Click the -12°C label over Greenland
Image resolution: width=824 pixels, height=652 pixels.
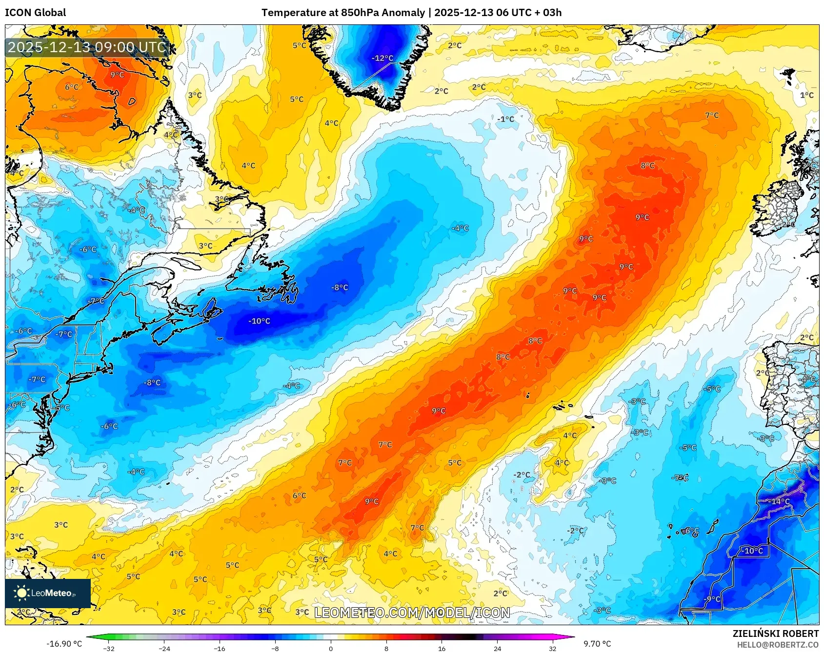pyautogui.click(x=382, y=58)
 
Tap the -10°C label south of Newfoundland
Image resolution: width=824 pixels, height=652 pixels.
pyautogui.click(x=259, y=321)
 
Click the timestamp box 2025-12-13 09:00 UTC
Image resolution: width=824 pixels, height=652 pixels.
pyautogui.click(x=87, y=47)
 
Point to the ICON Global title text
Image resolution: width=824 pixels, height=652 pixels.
pyautogui.click(x=36, y=13)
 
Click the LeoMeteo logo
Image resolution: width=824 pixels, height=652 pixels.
pyautogui.click(x=47, y=593)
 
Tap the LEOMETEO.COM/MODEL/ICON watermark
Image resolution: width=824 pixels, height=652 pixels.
pyautogui.click(x=412, y=613)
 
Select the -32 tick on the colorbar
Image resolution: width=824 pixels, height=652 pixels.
pyautogui.click(x=109, y=648)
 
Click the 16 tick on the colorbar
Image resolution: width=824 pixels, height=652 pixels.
pyautogui.click(x=442, y=648)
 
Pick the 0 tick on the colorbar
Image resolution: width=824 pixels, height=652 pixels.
pyautogui.click(x=331, y=648)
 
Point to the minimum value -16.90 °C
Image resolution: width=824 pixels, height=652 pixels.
pyautogui.click(x=64, y=644)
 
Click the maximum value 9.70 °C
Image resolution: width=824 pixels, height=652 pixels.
pyautogui.click(x=597, y=644)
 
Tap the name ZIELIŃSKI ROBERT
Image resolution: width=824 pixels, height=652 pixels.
pyautogui.click(x=775, y=633)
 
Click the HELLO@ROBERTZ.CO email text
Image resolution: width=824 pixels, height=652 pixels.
pyautogui.click(x=777, y=645)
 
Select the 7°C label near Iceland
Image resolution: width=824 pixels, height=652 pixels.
pyautogui.click(x=712, y=115)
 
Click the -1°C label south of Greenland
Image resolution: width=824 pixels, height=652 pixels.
pyautogui.click(x=505, y=119)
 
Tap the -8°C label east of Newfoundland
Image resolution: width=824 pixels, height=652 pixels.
pyautogui.click(x=340, y=288)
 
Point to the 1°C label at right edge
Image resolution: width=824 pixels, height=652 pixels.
pyautogui.click(x=806, y=95)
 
